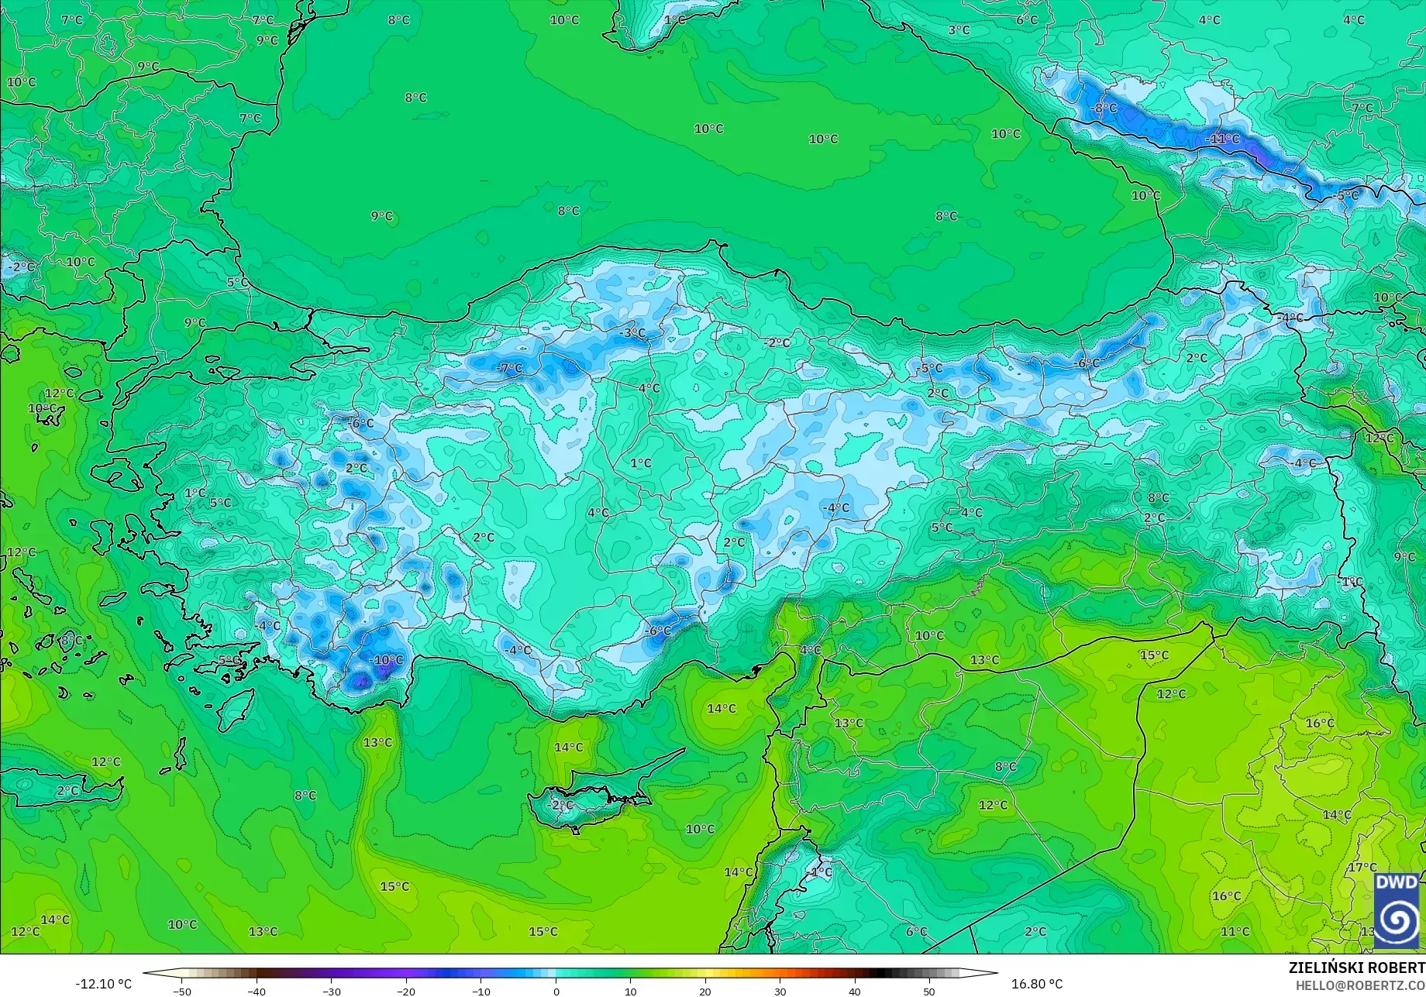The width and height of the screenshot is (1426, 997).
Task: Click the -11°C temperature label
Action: (x=1223, y=139)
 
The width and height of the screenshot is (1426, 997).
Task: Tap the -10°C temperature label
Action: (x=387, y=660)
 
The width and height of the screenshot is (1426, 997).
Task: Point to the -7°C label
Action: (x=510, y=369)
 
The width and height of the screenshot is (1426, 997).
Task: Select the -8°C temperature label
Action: (x=1103, y=108)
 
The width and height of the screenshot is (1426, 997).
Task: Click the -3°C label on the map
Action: (x=633, y=333)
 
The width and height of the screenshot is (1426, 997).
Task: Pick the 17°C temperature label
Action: (x=1362, y=868)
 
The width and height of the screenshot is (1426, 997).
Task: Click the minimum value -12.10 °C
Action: (x=103, y=984)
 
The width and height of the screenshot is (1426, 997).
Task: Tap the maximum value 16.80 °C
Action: (x=1037, y=984)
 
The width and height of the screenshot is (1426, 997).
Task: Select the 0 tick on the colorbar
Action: (x=556, y=992)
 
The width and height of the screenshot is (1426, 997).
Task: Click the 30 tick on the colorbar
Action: (x=780, y=992)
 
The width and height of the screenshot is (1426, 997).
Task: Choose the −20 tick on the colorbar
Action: (x=406, y=992)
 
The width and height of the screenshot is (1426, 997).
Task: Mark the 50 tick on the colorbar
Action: (x=929, y=992)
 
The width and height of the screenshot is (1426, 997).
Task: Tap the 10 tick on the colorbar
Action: (x=630, y=992)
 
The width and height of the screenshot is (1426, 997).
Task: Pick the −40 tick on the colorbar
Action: (x=257, y=992)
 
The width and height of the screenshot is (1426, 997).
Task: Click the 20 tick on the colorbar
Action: (x=705, y=992)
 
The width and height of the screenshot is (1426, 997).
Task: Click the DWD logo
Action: (x=1397, y=910)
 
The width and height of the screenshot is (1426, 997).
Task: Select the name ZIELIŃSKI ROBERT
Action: (x=1356, y=968)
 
